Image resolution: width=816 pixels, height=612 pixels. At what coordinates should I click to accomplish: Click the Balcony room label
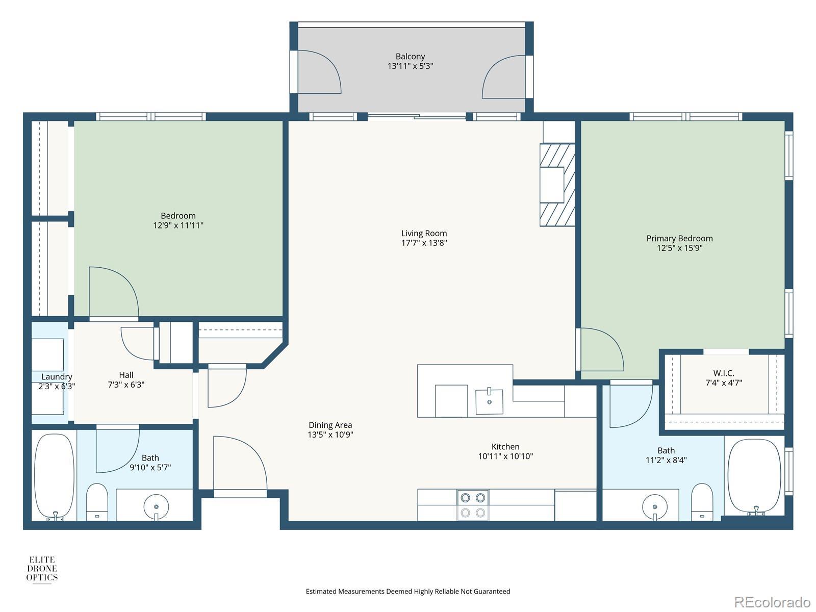pyautogui.click(x=410, y=57)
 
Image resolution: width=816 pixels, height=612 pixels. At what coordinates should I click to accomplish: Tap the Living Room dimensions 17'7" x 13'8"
pyautogui.click(x=424, y=243)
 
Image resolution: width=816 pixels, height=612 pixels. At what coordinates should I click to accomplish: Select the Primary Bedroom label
pyautogui.click(x=679, y=239)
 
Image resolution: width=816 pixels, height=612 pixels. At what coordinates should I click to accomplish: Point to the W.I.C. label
pyautogui.click(x=723, y=373)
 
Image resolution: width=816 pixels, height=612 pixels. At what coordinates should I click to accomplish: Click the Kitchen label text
pyautogui.click(x=505, y=447)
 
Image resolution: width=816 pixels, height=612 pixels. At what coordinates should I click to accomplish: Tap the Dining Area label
pyautogui.click(x=330, y=425)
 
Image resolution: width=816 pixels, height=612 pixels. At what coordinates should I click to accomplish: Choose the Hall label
pyautogui.click(x=126, y=375)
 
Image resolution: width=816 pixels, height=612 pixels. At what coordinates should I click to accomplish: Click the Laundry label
pyautogui.click(x=57, y=377)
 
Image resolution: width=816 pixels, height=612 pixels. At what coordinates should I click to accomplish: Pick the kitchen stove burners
pyautogui.click(x=473, y=505)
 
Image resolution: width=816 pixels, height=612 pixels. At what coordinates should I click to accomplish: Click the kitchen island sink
pyautogui.click(x=489, y=402)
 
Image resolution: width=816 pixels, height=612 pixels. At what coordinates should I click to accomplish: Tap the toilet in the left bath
pyautogui.click(x=97, y=502)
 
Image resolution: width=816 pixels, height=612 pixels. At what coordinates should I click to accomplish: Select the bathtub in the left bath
pyautogui.click(x=54, y=477)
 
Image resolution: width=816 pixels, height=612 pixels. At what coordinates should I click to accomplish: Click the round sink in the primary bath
pyautogui.click(x=654, y=507)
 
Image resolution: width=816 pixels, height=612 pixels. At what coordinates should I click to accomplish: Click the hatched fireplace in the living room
pyautogui.click(x=557, y=185)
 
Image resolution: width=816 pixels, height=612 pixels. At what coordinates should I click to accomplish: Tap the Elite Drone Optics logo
pyautogui.click(x=42, y=569)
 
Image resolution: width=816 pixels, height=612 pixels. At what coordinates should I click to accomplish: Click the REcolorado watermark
pyautogui.click(x=772, y=602)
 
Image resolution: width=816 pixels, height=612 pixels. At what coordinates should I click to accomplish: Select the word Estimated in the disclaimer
pyautogui.click(x=321, y=591)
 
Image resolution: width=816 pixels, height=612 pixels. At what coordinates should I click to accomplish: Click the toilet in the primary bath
pyautogui.click(x=702, y=502)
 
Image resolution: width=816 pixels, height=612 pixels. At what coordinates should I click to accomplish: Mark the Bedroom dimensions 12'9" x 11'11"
pyautogui.click(x=178, y=225)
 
